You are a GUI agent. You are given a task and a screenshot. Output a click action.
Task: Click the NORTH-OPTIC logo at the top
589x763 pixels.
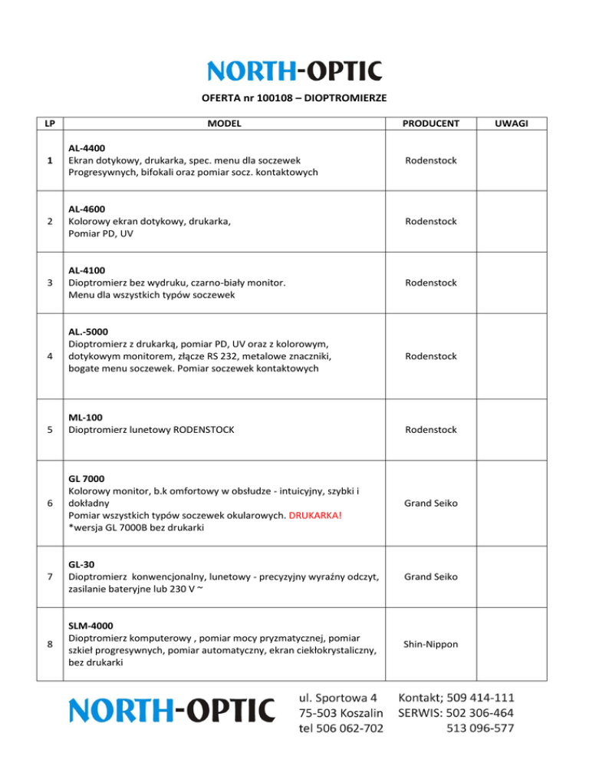pyautogui.click(x=294, y=71)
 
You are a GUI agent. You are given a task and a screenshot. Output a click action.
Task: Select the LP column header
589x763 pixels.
pyautogui.click(x=49, y=123)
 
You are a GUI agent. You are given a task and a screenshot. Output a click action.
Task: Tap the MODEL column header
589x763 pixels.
pyautogui.click(x=223, y=123)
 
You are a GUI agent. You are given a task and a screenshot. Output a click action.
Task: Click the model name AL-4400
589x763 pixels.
pyautogui.click(x=87, y=147)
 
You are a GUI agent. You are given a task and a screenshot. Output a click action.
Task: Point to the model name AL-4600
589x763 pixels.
pyautogui.click(x=87, y=209)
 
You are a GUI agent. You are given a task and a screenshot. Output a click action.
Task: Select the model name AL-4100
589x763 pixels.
pyautogui.click(x=87, y=270)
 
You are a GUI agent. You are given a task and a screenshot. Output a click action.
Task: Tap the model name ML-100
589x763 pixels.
pyautogui.click(x=84, y=417)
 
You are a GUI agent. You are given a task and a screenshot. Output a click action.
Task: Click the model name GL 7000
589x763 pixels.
pyautogui.click(x=87, y=477)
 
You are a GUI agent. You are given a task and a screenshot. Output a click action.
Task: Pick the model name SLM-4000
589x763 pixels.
pyautogui.click(x=90, y=626)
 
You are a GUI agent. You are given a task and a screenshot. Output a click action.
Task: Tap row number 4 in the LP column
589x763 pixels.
pyautogui.click(x=49, y=356)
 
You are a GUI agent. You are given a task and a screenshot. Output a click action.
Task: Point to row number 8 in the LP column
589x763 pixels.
pyautogui.click(x=49, y=644)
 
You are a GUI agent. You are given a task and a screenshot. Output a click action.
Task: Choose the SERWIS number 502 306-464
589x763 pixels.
pyautogui.click(x=483, y=713)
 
